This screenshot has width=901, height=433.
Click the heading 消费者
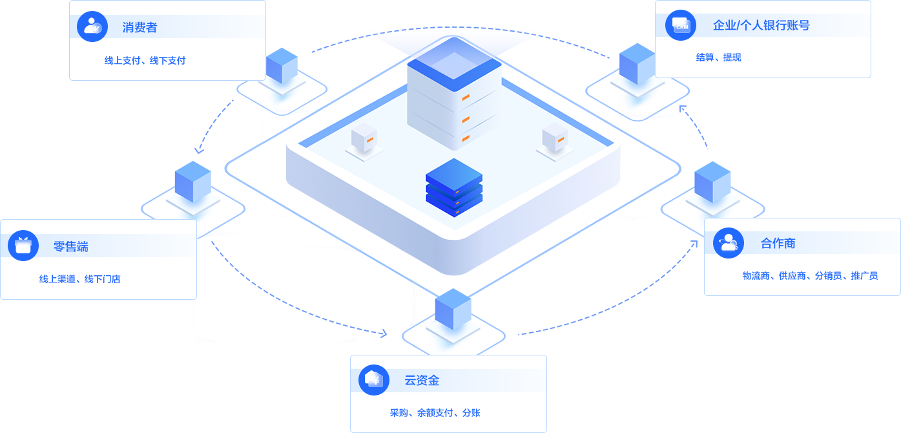(x=140, y=28)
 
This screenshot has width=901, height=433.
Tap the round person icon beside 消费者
(x=92, y=26)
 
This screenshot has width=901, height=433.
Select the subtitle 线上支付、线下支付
(x=145, y=61)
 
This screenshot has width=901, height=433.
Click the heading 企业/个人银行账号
(x=761, y=26)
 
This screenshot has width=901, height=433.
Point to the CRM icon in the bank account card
(x=680, y=25)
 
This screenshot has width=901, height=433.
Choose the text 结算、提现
(x=718, y=58)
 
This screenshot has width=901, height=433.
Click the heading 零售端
(x=71, y=246)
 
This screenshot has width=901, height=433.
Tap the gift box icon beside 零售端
(x=23, y=246)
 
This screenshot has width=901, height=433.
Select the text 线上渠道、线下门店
(x=79, y=279)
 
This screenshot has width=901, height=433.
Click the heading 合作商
(x=778, y=244)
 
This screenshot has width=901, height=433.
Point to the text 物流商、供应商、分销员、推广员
(x=810, y=276)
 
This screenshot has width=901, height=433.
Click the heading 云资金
(x=422, y=381)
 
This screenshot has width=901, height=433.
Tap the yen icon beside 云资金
(x=374, y=379)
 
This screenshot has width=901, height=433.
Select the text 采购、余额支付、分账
(x=435, y=413)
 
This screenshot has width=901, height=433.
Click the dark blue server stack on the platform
(x=454, y=187)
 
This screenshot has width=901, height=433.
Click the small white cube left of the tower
(x=364, y=138)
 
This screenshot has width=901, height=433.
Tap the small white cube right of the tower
(x=554, y=138)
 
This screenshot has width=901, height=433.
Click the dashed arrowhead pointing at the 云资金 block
(x=384, y=333)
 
